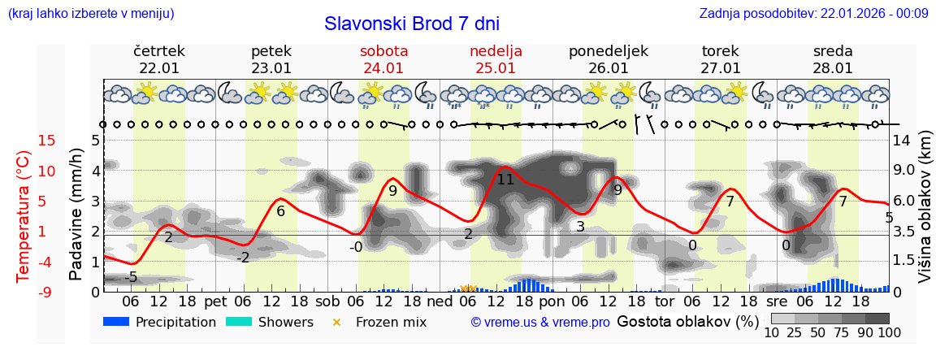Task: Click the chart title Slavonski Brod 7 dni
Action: tap(412, 24)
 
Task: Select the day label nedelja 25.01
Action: tap(496, 59)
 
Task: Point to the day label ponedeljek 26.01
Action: tap(609, 59)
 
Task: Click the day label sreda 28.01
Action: tap(833, 59)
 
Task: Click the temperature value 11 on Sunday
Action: tap(505, 180)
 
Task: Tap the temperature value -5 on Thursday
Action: tap(130, 277)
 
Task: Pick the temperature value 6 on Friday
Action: tap(280, 211)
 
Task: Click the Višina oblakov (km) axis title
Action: tap(924, 215)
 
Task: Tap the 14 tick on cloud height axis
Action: tap(901, 141)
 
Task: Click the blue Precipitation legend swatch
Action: tap(116, 322)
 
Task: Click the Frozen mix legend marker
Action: tap(336, 322)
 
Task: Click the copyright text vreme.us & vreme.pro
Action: tap(540, 322)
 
